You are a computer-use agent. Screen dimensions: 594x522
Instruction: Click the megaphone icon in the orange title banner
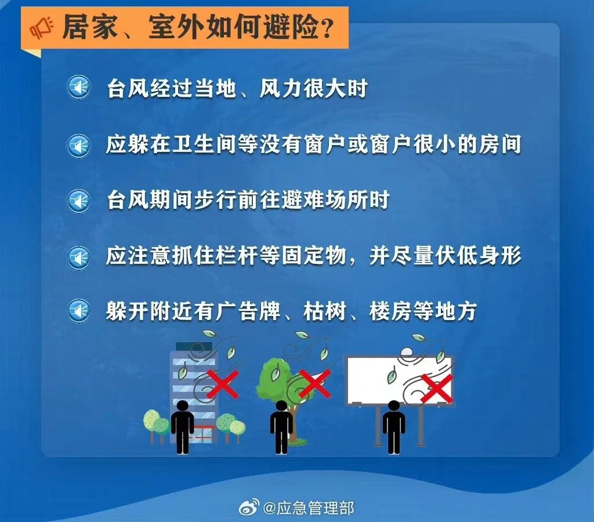pos(42,27)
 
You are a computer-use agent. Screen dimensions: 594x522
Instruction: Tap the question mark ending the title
pos(327,29)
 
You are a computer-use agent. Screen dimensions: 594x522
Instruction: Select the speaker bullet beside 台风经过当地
pos(79,88)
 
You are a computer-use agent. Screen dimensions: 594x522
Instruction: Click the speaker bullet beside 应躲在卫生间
pos(79,146)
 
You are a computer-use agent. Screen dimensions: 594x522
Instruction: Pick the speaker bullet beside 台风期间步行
pos(79,201)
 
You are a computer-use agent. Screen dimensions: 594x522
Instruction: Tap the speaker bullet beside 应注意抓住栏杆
pos(79,258)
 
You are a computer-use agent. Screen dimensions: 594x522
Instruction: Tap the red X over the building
pos(223,384)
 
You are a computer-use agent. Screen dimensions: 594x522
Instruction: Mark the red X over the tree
pos(314,383)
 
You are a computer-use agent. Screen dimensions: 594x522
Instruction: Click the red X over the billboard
pos(437,389)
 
